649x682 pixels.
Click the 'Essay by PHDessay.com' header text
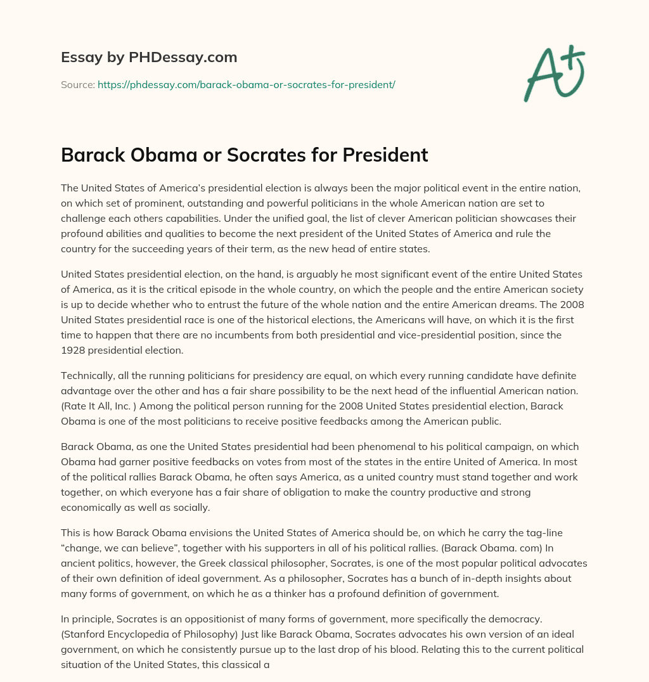[149, 58]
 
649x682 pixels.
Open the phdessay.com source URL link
[246, 84]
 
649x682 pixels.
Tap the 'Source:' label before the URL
[77, 84]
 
